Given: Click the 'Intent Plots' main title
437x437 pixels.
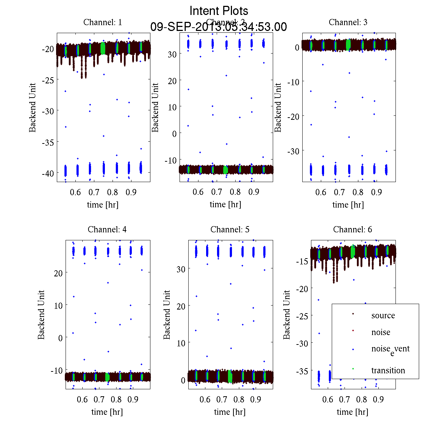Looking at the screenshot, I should coord(219,11).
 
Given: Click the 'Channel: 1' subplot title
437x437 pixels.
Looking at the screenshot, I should coord(103,22).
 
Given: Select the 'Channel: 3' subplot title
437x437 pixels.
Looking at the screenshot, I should coord(348,22).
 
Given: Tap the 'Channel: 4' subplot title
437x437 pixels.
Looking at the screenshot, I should coord(107,229).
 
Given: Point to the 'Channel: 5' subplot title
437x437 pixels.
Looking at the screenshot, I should coord(230,229).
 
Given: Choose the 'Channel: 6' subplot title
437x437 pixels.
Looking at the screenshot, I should coord(353,229).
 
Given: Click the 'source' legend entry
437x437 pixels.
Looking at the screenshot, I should coord(383,316).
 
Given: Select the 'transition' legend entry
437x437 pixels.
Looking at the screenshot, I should coord(388,371).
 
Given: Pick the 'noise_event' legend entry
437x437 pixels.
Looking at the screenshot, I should coord(390,349).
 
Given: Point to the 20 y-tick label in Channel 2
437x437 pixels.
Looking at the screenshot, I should coord(172,80).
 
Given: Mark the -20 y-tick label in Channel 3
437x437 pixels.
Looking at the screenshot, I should coord(294,116).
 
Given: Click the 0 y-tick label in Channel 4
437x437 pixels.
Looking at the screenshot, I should coord(60,338).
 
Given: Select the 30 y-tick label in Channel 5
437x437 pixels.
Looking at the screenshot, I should coord(181,269).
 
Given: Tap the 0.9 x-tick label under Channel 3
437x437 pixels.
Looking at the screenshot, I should coord(377,192).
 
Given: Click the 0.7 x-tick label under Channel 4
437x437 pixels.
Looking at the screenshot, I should coord(99,399).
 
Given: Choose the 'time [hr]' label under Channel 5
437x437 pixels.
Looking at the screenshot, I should coord(230,412).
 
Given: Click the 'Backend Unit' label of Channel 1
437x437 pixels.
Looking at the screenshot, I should coord(33,107).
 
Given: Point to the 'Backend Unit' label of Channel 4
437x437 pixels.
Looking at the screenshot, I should coord(42,315).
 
